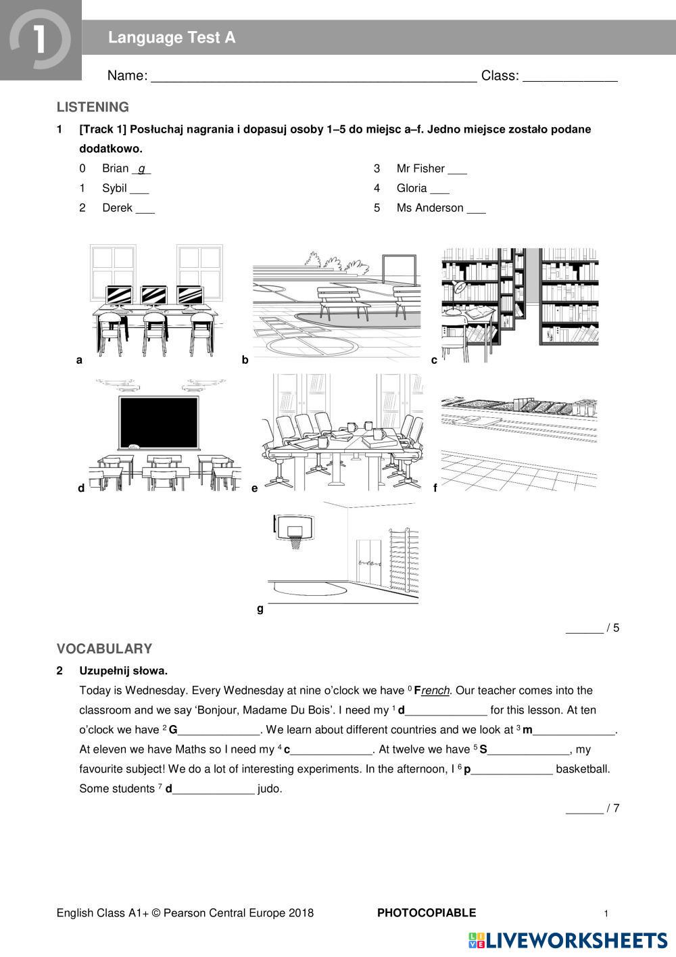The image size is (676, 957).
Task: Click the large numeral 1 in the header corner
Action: [x=39, y=39]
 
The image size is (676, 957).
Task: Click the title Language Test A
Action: [x=172, y=38]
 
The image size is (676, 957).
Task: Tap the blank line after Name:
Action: [x=314, y=80]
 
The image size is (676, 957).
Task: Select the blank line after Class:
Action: [x=570, y=80]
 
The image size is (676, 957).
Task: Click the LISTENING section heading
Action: [x=93, y=107]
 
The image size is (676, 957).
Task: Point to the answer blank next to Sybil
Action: [x=140, y=193]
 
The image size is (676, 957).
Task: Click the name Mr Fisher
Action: [x=420, y=168]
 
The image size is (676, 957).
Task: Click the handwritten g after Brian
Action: [x=142, y=169]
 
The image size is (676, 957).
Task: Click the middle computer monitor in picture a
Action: [x=153, y=296]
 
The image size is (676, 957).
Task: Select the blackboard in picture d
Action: [x=159, y=423]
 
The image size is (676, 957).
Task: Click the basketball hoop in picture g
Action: [x=295, y=531]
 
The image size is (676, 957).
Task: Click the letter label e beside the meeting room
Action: [x=255, y=488]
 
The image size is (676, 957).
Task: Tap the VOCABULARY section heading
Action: [x=104, y=649]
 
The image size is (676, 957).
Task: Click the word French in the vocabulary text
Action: [x=432, y=691]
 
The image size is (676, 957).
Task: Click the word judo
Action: [x=270, y=789]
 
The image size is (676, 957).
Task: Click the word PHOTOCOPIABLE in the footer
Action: [x=426, y=913]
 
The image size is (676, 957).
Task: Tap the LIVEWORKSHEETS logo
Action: [x=568, y=940]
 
